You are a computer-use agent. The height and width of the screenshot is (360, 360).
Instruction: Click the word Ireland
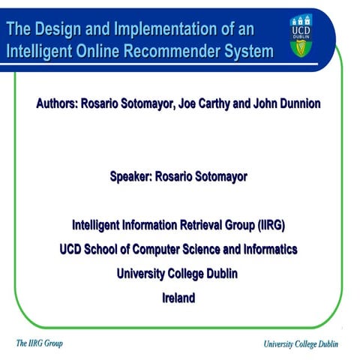[x=178, y=298]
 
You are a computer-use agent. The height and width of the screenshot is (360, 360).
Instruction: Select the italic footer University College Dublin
[x=301, y=344]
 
